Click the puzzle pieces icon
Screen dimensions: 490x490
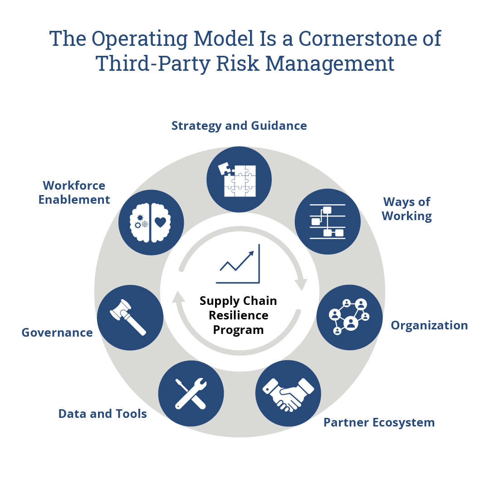pyautogui.click(x=239, y=179)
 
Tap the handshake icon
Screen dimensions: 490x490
pyautogui.click(x=288, y=393)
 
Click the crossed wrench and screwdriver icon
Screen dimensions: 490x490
pyautogui.click(x=191, y=393)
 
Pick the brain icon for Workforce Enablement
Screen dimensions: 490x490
pyautogui.click(x=151, y=222)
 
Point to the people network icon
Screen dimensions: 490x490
pyautogui.click(x=349, y=317)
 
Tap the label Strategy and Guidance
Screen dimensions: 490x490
pyautogui.click(x=239, y=126)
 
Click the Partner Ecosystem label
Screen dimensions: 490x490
pyautogui.click(x=379, y=422)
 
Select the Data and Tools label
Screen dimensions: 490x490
pyautogui.click(x=103, y=414)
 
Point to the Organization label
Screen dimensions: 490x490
pyautogui.click(x=429, y=325)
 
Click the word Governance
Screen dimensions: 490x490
pyautogui.click(x=57, y=333)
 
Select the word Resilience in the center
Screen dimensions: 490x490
pyautogui.click(x=239, y=315)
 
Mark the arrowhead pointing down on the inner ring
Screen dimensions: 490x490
pyautogui.click(x=300, y=284)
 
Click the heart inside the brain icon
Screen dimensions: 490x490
pyautogui.click(x=160, y=222)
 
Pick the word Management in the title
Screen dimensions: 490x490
pyautogui.click(x=330, y=63)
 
